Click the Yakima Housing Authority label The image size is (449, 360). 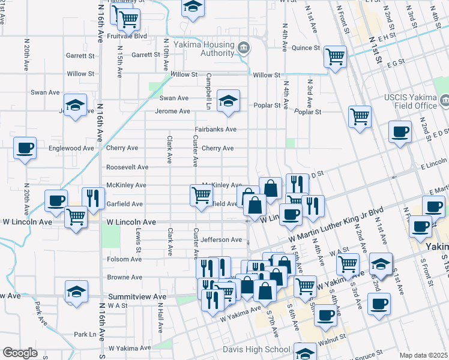pyautogui.click(x=203, y=49)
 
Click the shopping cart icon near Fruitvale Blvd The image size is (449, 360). pyautogui.click(x=128, y=19)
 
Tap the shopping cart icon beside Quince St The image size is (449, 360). pyautogui.click(x=335, y=56)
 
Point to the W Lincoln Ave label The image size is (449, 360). pyautogui.click(x=131, y=222)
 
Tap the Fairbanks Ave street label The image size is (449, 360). pyautogui.click(x=215, y=129)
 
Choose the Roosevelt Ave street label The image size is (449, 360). pyautogui.click(x=127, y=167)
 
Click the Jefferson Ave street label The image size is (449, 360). pyautogui.click(x=221, y=240)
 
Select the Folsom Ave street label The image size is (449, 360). pyautogui.click(x=124, y=259)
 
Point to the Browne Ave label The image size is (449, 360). pyautogui.click(x=124, y=278)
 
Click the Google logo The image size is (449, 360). pyautogui.click(x=20, y=353)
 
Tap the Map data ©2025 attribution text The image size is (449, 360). pyautogui.click(x=423, y=355)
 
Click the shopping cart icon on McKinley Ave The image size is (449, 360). pyautogui.click(x=201, y=194)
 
